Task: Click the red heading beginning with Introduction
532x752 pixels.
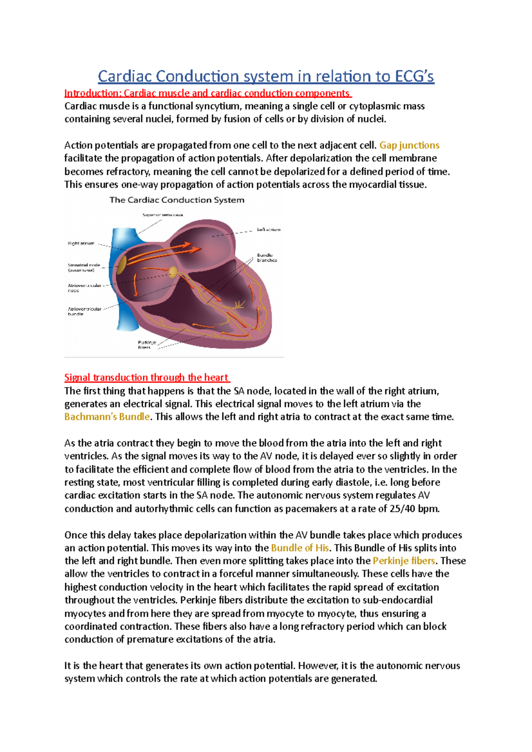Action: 207,93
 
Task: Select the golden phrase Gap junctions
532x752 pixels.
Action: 409,145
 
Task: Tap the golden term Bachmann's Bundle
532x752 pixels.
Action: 107,417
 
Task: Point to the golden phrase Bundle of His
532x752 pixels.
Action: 300,548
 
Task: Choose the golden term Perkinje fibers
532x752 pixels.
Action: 404,561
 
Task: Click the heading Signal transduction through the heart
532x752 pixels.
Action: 146,377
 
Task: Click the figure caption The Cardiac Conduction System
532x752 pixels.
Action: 177,200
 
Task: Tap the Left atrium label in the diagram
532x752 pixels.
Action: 269,229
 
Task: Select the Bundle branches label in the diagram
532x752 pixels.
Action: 267,258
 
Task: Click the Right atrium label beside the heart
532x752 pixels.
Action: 81,243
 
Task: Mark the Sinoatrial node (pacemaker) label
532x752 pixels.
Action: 84,267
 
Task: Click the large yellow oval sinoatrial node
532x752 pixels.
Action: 121,264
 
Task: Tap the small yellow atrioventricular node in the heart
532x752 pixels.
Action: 173,271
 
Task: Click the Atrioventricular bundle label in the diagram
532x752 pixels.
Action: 84,311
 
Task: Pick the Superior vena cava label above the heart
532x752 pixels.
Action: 162,215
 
